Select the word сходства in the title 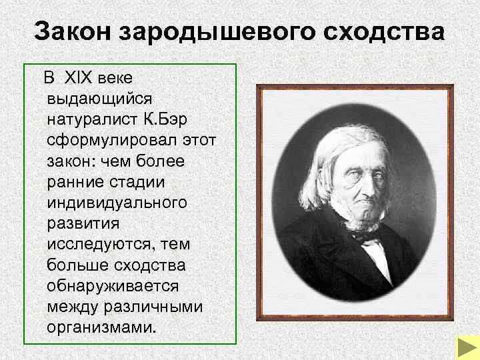[385, 32]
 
